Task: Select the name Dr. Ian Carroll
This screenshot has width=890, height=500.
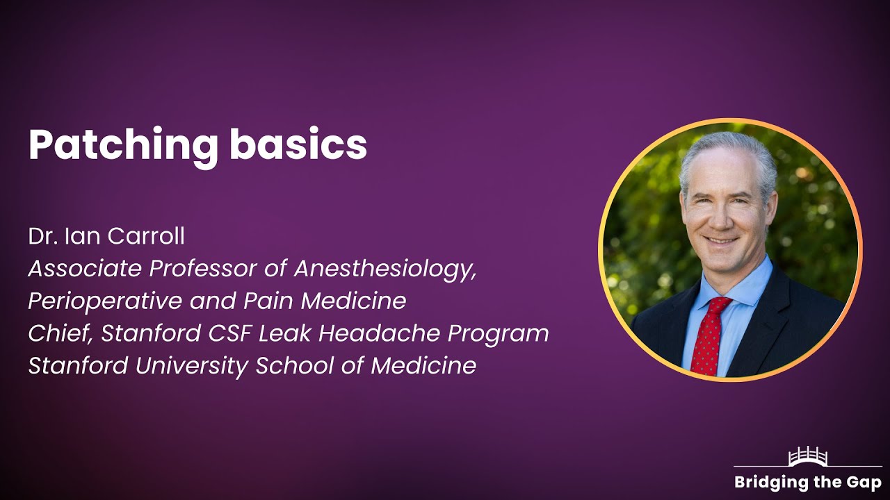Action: [x=106, y=236]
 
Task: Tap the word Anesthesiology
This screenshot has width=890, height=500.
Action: [x=385, y=269]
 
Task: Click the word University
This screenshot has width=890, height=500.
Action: [x=193, y=365]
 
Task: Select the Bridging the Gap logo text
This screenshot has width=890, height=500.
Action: [x=807, y=483]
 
